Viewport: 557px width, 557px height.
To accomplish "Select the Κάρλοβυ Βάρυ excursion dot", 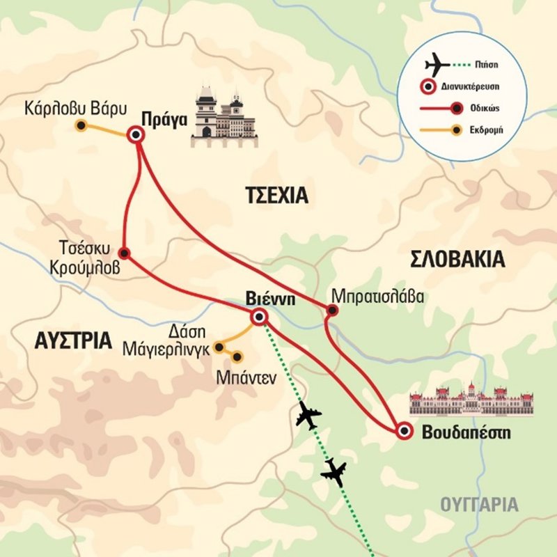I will (x=81, y=126).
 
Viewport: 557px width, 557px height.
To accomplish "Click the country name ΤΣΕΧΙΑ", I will (x=276, y=196).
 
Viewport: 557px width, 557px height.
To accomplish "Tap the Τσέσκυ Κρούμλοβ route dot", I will (x=123, y=252).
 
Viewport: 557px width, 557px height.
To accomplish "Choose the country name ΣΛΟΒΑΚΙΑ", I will (x=457, y=260).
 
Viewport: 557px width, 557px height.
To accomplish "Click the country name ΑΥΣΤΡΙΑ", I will (x=72, y=340).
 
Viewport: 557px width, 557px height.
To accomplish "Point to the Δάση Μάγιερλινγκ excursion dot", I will (x=219, y=346).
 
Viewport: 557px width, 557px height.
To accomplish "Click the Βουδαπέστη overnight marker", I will (x=403, y=431).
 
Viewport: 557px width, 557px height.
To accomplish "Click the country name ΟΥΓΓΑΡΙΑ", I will (x=480, y=505).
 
